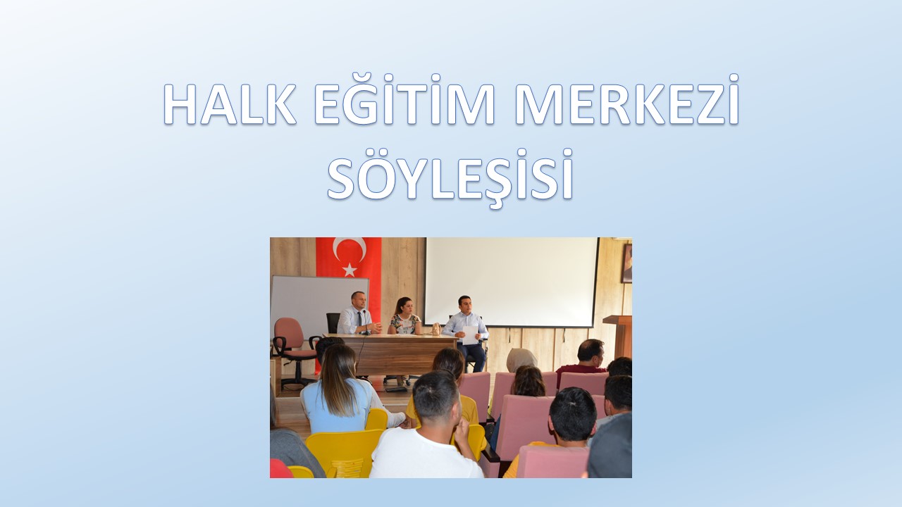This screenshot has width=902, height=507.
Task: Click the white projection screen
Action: point(511,281)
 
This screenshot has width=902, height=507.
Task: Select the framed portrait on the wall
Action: point(626,263)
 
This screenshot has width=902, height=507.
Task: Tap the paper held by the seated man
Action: point(470,334)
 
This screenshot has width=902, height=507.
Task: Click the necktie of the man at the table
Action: point(358,320)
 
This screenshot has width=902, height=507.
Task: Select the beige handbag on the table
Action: point(436,329)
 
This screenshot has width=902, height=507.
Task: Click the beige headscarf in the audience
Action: point(520,358)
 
